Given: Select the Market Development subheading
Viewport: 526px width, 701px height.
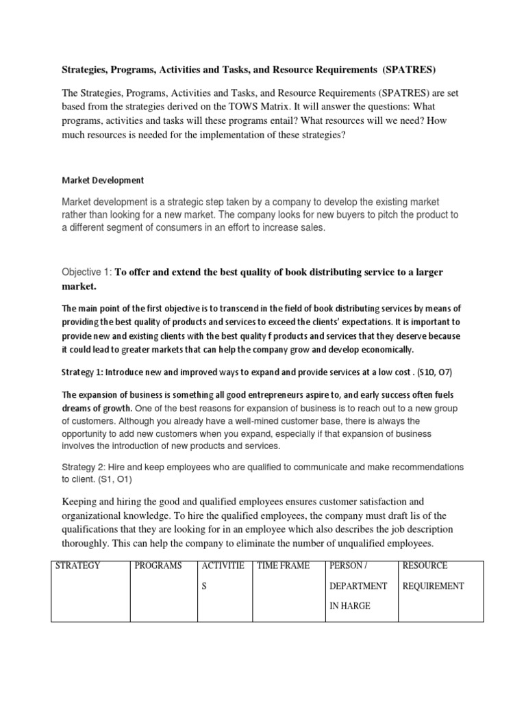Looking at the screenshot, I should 103,181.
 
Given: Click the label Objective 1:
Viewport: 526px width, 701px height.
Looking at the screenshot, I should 86,272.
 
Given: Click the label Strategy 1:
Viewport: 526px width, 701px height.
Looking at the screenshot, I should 86,372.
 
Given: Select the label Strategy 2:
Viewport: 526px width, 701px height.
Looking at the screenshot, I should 86,467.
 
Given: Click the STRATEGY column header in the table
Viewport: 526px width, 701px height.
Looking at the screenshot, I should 79,566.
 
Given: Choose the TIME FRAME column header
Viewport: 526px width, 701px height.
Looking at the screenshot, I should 284,566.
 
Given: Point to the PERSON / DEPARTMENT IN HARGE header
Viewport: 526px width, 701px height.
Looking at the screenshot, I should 358,586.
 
